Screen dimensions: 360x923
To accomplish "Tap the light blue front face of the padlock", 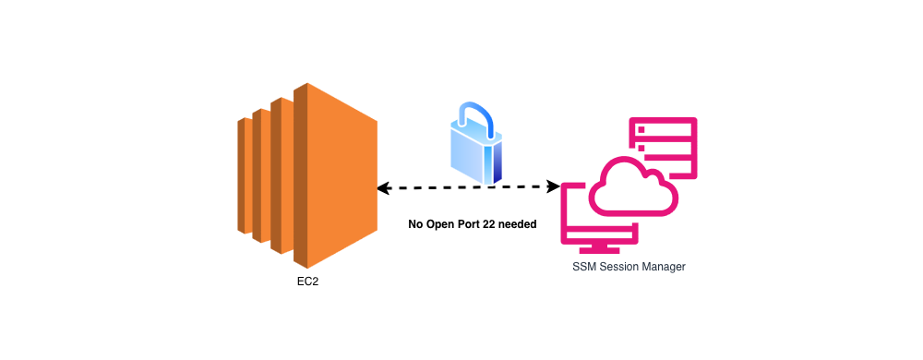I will click(x=470, y=153).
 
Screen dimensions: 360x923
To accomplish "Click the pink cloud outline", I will click(x=633, y=190).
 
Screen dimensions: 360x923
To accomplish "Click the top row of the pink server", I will click(x=663, y=127).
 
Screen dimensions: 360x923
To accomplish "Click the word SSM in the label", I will click(x=584, y=267).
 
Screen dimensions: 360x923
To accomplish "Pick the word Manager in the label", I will click(x=666, y=267).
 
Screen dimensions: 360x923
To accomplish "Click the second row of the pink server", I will click(x=663, y=146).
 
